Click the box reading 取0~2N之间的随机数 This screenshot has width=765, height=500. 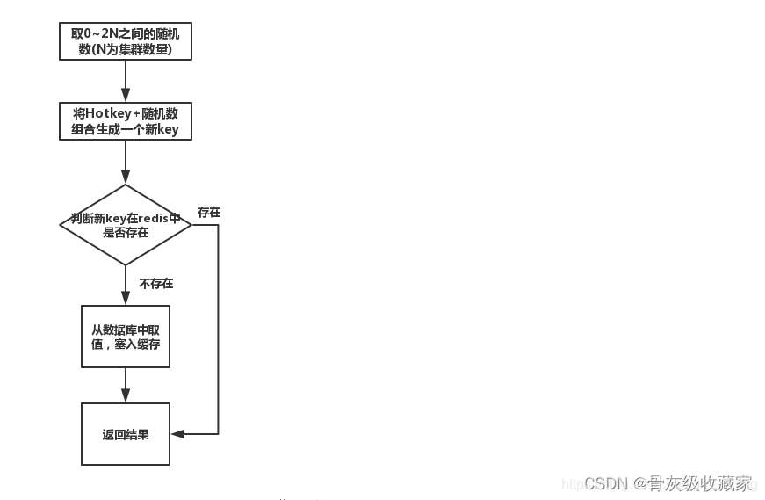click(125, 41)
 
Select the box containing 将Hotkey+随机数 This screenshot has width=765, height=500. click(125, 121)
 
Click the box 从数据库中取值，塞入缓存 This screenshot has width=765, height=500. click(125, 337)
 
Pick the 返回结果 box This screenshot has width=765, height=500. click(125, 434)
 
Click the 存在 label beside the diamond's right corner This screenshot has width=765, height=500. click(209, 213)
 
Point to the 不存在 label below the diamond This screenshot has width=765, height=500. click(156, 284)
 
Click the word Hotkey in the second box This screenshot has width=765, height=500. click(107, 113)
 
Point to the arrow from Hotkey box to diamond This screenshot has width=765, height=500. click(126, 161)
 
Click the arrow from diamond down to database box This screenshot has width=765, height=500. click(126, 285)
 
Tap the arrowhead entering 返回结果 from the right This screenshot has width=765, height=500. click(177, 434)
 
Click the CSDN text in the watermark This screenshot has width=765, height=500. click(605, 483)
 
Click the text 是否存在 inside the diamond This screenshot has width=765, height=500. click(126, 233)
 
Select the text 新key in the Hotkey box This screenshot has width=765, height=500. click(163, 130)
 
